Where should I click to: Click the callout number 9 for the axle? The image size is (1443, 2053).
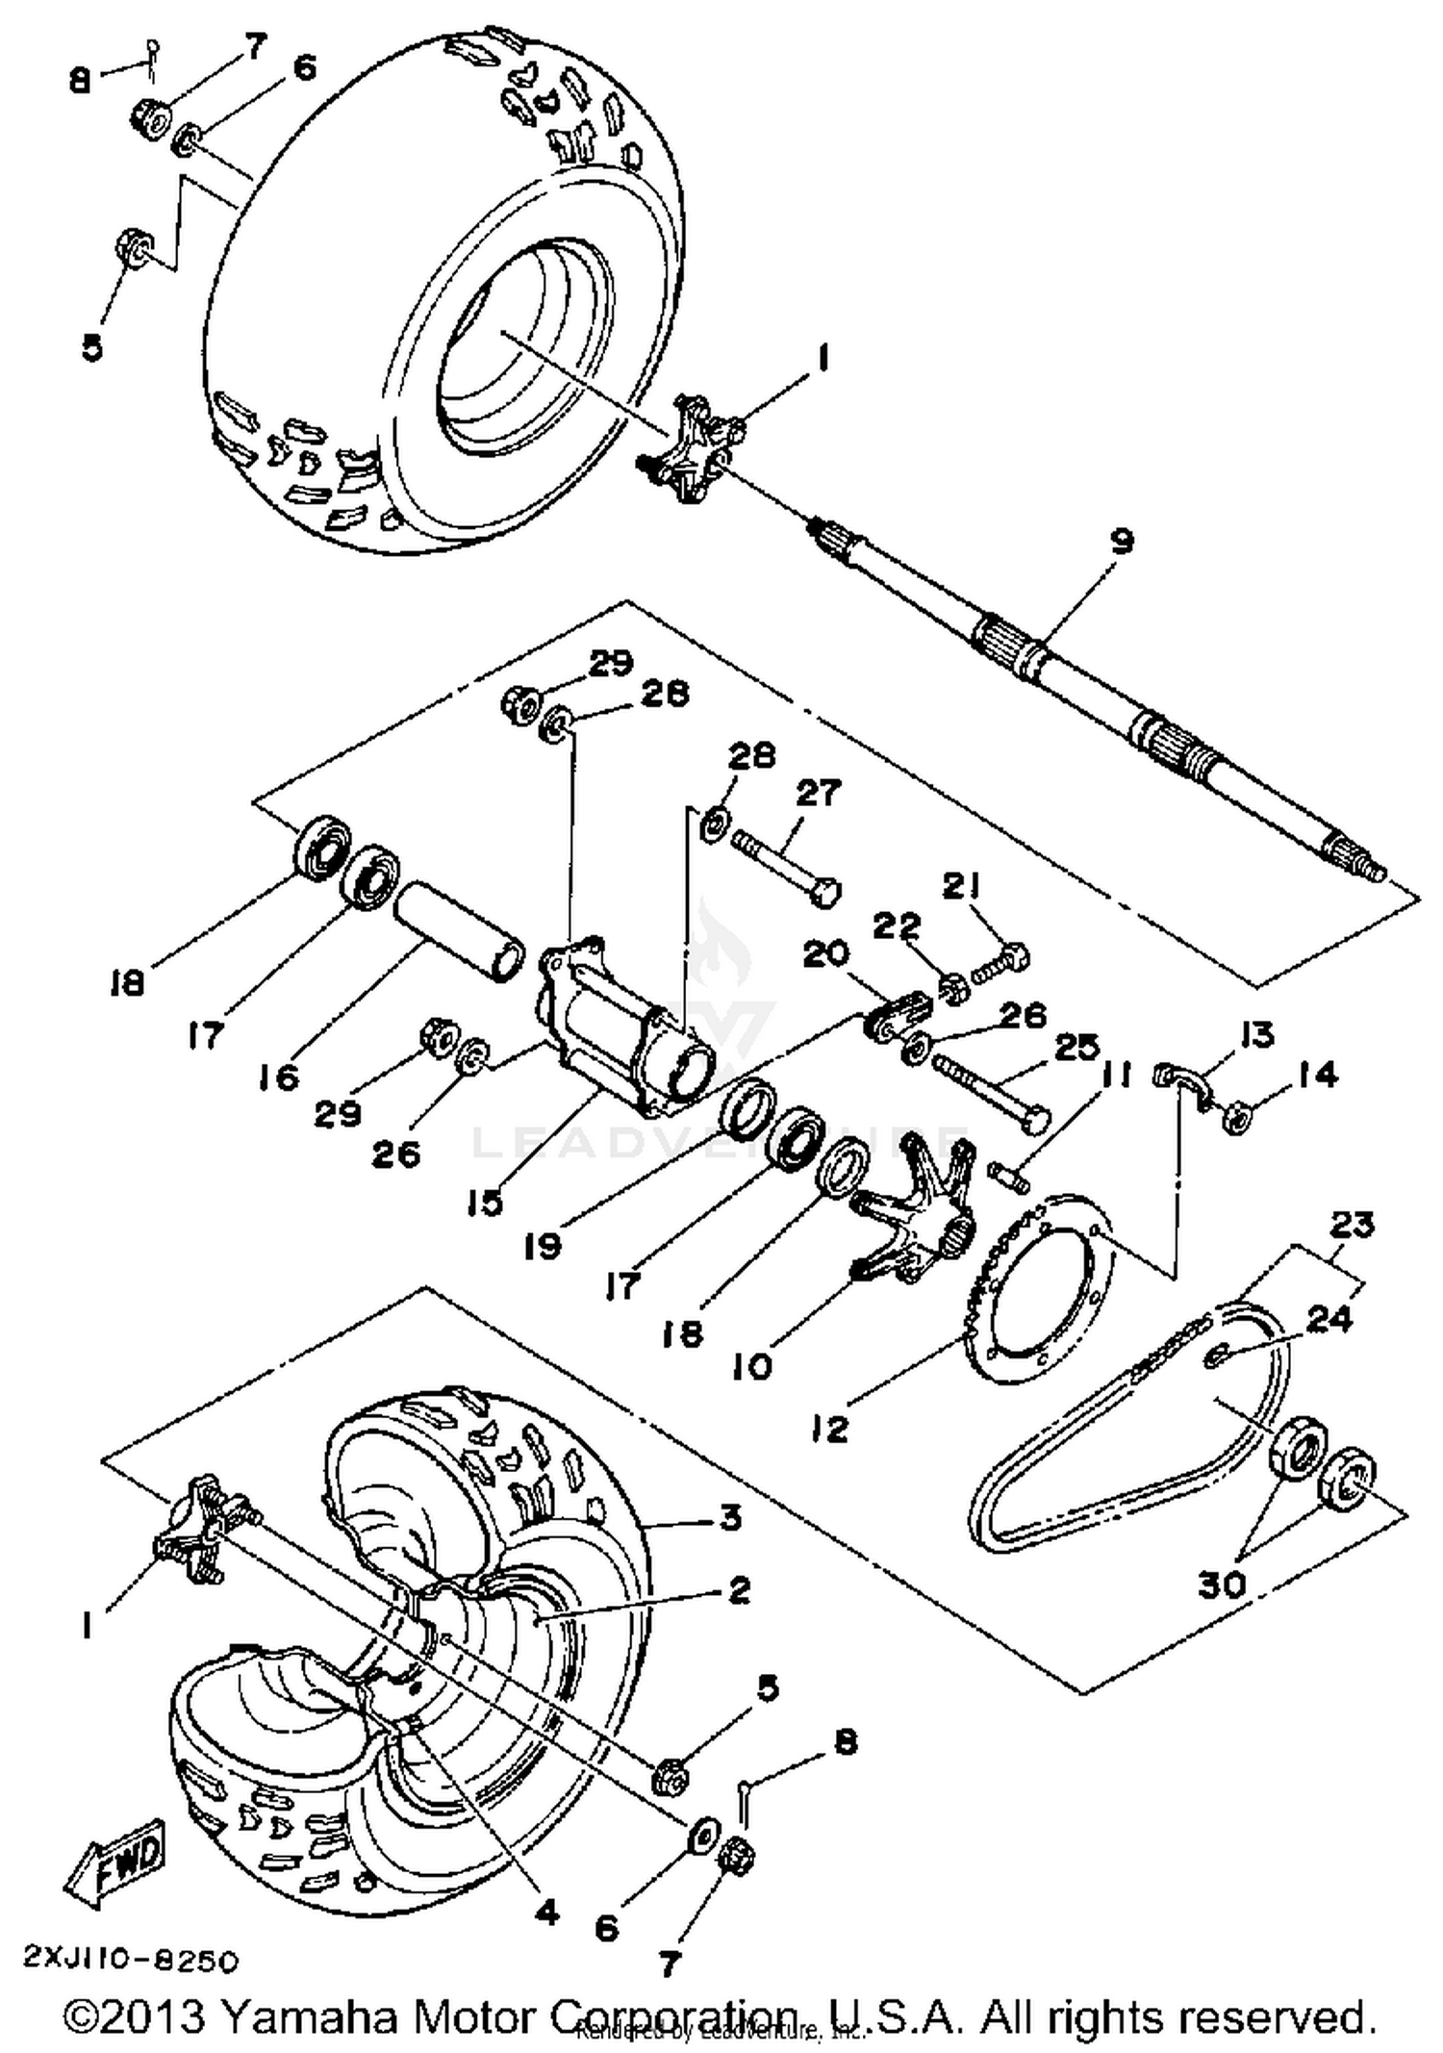coord(1122,541)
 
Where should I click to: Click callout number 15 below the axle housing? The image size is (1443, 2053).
coord(485,1202)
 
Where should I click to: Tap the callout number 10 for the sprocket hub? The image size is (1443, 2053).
coord(751,1365)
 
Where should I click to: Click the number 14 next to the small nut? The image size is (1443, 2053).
coord(1317,1074)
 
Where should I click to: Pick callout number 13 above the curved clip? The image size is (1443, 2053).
coord(1256,1034)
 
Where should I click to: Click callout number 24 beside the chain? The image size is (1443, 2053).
coord(1329,1320)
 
